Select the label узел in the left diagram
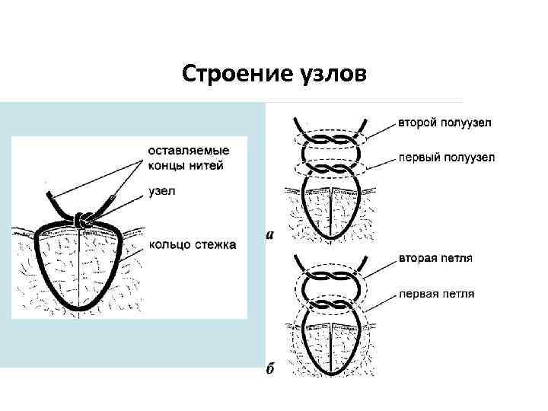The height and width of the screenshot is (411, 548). (x=162, y=191)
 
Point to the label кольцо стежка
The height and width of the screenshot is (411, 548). (x=192, y=244)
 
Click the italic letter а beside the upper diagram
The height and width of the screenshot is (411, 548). (x=269, y=234)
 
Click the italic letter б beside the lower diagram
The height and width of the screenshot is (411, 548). (x=269, y=370)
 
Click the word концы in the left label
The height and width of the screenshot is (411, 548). (x=167, y=166)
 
